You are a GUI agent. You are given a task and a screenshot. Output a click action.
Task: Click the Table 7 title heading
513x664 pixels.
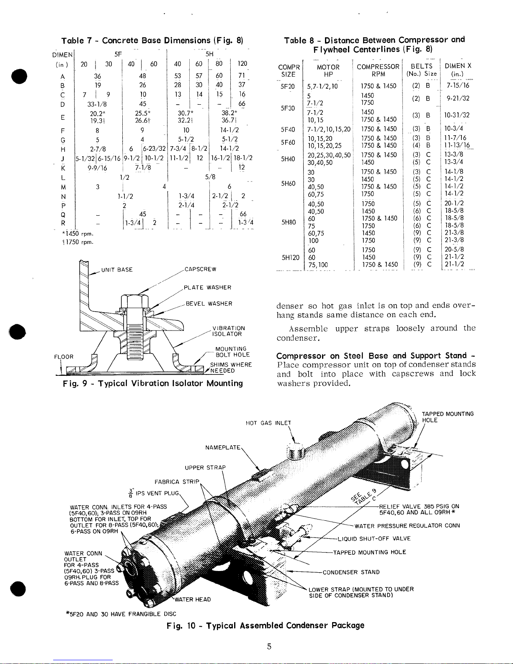152,40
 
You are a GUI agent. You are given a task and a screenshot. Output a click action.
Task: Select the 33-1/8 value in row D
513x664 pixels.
97,104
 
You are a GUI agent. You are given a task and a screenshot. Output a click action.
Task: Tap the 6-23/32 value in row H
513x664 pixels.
154,149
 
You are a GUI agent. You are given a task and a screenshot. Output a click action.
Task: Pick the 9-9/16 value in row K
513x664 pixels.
97,168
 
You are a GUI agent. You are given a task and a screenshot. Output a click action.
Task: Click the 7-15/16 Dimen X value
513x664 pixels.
457,85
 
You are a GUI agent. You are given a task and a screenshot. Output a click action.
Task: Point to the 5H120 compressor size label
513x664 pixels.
290,258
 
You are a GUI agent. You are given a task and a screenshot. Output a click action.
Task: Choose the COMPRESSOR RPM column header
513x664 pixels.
378,70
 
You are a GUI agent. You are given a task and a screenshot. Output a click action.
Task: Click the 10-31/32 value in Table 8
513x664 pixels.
456,115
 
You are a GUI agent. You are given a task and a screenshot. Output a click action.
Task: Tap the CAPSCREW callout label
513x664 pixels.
200,269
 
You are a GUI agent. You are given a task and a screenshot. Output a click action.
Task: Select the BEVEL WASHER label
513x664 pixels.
209,303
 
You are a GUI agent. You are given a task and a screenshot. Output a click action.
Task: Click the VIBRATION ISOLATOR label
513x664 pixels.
228,331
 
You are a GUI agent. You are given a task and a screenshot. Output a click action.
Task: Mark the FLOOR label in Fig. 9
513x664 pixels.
64,357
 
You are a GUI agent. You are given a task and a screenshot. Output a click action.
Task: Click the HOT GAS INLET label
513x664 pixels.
268,423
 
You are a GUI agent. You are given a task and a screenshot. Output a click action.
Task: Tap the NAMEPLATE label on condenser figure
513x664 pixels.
223,447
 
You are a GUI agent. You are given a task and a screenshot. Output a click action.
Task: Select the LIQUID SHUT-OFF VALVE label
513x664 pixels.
374,538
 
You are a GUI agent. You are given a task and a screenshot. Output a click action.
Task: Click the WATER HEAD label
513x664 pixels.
192,599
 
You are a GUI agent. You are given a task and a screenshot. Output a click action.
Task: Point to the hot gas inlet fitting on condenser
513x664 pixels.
296,451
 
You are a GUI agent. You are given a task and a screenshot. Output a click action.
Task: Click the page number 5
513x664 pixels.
269,646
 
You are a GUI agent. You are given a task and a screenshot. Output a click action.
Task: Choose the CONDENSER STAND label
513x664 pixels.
351,572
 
